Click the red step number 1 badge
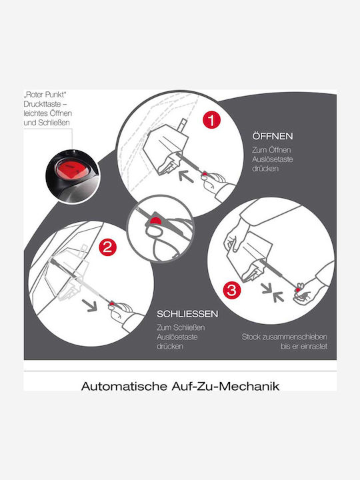[x=211, y=120]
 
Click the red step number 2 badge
[x=107, y=247]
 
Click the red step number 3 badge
[x=232, y=289]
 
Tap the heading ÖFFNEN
[x=273, y=136]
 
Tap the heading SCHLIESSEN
[x=187, y=314]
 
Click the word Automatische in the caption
[x=124, y=386]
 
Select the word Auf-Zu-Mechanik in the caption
[x=225, y=386]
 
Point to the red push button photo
[x=72, y=176]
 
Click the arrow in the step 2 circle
[x=89, y=305]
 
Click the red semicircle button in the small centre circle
[x=156, y=221]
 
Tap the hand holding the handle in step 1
[x=216, y=183]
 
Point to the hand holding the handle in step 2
[x=124, y=314]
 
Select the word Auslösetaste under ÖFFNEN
[x=273, y=159]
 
